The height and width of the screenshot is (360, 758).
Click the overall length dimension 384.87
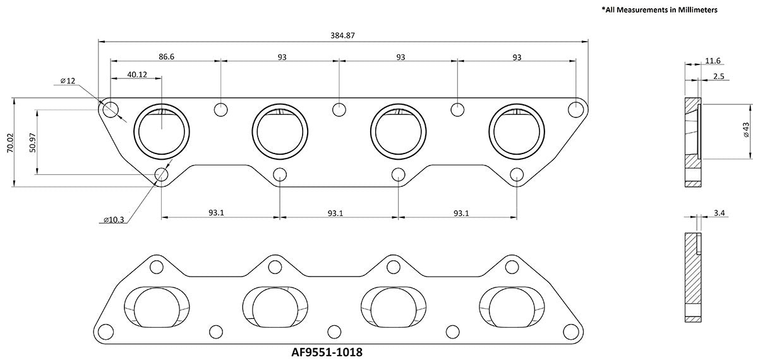342,35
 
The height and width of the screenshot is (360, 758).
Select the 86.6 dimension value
166,57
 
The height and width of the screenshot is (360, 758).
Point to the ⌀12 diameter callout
68,81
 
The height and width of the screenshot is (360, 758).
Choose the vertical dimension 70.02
9,142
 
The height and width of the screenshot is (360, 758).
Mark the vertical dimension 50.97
33,142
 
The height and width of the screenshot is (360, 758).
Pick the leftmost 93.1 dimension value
216,213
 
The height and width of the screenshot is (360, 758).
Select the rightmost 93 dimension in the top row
516,57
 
